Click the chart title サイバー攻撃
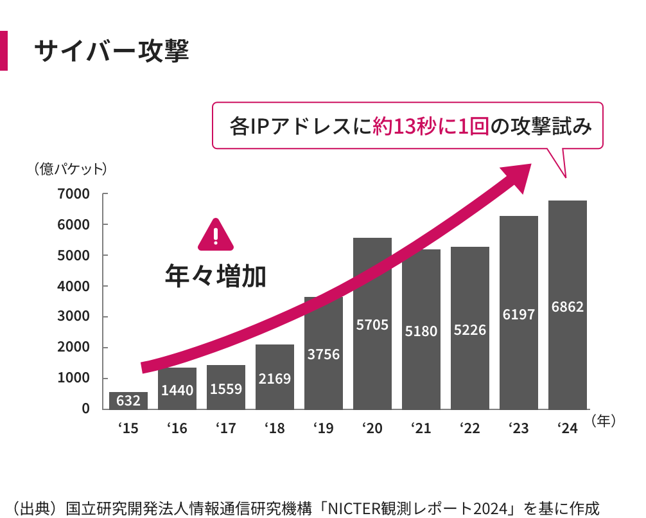point(112,51)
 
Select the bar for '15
point(128,400)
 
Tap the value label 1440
point(177,390)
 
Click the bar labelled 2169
point(275,377)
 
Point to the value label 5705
point(372,325)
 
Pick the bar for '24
point(567,305)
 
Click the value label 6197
point(519,315)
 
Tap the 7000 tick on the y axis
point(73,193)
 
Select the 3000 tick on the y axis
point(73,316)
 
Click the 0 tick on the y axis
point(85,408)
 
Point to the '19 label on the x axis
point(324,428)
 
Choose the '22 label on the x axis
point(470,428)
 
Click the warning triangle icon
point(216,235)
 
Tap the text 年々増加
point(216,276)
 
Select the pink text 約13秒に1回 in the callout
point(431,126)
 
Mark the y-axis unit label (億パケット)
point(71,168)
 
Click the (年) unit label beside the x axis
point(604,421)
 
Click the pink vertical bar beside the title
point(4,51)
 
